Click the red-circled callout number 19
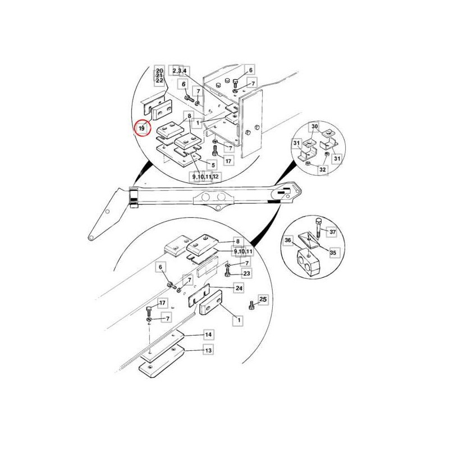142,129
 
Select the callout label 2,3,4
180,71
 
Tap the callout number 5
213,165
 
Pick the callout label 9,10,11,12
205,176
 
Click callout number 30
314,126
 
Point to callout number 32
323,169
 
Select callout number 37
332,231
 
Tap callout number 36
288,240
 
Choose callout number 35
333,253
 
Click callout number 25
263,299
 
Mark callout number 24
239,288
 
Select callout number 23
246,273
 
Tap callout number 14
208,335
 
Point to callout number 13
208,350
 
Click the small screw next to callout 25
252,305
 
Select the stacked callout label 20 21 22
159,76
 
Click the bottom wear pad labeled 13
161,361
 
